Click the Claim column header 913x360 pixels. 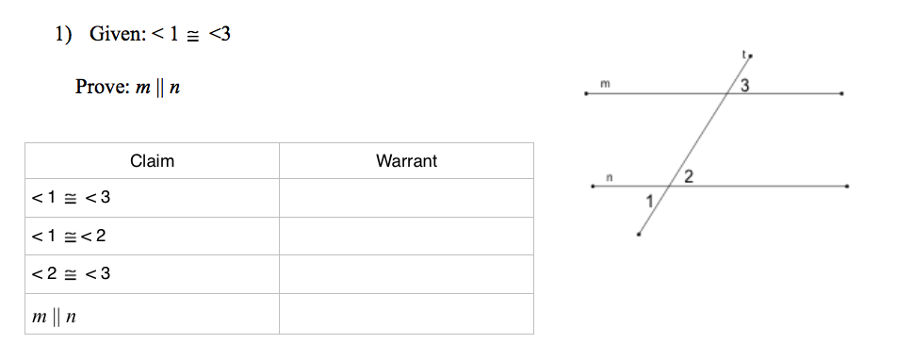tap(152, 161)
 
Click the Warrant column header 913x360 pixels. tap(406, 161)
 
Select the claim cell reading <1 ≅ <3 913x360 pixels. tap(152, 198)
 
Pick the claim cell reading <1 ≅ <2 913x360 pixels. tap(152, 236)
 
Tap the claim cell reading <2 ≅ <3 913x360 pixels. tap(152, 274)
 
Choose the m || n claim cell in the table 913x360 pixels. tap(152, 314)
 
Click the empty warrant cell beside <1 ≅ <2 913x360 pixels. tap(406, 236)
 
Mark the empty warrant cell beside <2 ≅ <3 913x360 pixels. tap(406, 274)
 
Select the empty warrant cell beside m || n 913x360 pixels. tap(406, 314)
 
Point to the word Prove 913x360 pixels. tap(102, 87)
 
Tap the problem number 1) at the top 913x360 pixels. tap(63, 34)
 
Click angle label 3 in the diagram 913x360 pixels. tap(744, 86)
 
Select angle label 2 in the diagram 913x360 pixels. tap(689, 177)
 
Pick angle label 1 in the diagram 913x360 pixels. tap(650, 202)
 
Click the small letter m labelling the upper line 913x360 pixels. tap(605, 84)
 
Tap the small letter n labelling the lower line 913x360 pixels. tap(609, 177)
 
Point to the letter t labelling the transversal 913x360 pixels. tap(743, 54)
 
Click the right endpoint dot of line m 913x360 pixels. tap(842, 93)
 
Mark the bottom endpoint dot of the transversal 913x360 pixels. tap(639, 234)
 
